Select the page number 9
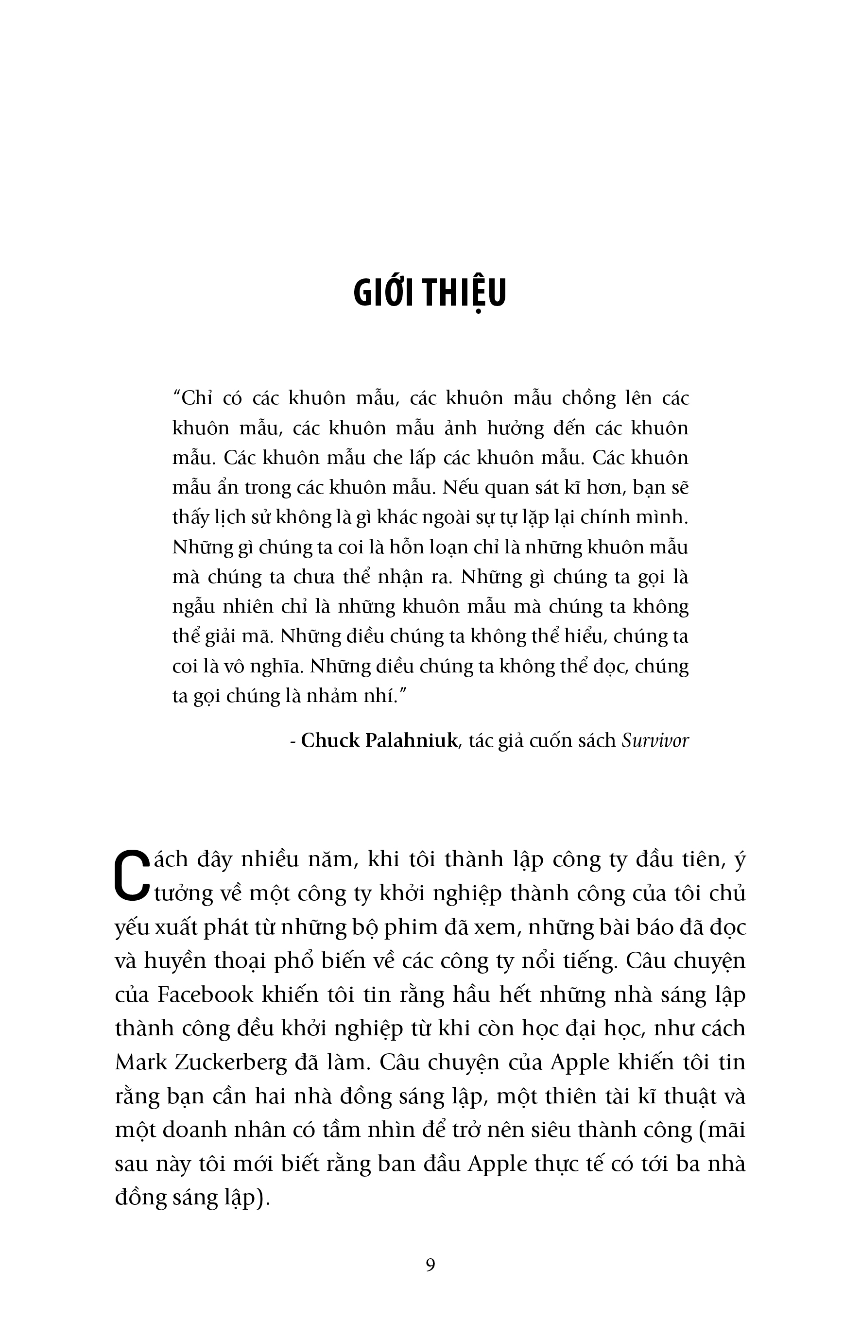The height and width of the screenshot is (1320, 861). (430, 1264)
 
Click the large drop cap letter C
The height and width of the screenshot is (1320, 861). (131, 877)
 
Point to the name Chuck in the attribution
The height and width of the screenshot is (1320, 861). (330, 741)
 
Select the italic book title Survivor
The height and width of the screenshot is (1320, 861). (655, 741)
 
